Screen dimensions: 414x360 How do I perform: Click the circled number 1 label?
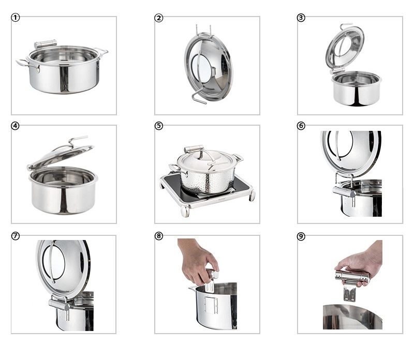coord(16,18)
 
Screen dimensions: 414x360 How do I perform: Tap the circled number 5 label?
coord(158,126)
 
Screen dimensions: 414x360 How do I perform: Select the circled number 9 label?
coord(301,236)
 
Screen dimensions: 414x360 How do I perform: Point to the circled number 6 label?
coord(301,126)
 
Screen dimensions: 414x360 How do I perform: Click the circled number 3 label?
coord(301,18)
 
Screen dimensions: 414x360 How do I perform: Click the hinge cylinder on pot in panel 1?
coord(46,43)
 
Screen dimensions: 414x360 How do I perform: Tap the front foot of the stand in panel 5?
coord(185,211)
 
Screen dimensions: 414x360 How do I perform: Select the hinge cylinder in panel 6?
coord(344,192)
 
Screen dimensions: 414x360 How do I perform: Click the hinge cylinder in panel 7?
coord(59,305)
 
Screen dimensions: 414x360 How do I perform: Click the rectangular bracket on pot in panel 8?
coord(211,305)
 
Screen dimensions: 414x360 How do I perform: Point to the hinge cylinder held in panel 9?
coord(352,276)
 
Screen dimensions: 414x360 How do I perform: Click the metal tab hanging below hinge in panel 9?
coord(349,293)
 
